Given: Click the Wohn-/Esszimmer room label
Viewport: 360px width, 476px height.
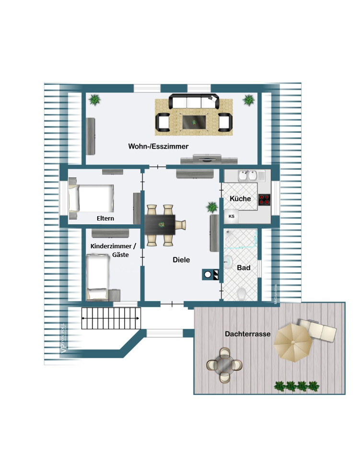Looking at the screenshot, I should pyautogui.click(x=158, y=146).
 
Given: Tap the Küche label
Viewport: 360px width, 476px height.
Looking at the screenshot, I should pyautogui.click(x=240, y=198).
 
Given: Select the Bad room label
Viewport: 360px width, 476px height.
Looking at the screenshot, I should pyautogui.click(x=244, y=268).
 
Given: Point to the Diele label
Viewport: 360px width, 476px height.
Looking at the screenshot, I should pyautogui.click(x=181, y=260).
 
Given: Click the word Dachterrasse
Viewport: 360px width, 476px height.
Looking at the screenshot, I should pyautogui.click(x=248, y=334).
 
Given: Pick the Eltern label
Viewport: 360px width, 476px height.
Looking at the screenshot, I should pyautogui.click(x=105, y=219).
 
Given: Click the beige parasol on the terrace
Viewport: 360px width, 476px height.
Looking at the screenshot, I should pyautogui.click(x=293, y=342).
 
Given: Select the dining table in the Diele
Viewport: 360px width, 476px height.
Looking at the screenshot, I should pyautogui.click(x=162, y=224).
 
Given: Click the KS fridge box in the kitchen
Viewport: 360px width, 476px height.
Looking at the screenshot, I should pyautogui.click(x=232, y=216).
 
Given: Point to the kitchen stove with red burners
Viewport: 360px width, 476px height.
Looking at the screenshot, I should pyautogui.click(x=265, y=199).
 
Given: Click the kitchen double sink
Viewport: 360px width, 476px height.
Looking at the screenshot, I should pyautogui.click(x=248, y=176).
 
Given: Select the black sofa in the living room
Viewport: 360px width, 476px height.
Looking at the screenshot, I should pyautogui.click(x=194, y=102).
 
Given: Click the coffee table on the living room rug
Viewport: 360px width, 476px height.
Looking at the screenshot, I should pyautogui.click(x=194, y=122).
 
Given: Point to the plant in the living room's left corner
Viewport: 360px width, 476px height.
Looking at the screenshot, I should pyautogui.click(x=95, y=100).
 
